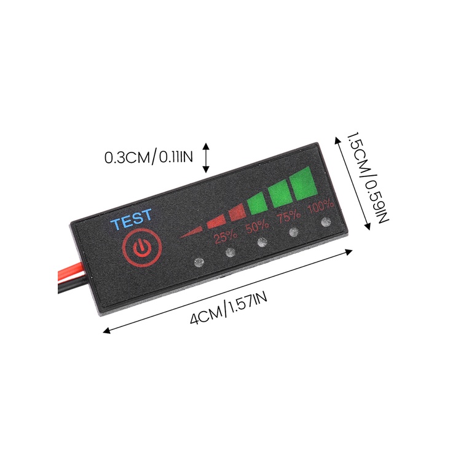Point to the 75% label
point(289,217)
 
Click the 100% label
point(320,207)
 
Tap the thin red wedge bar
point(191,232)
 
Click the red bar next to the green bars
point(237,213)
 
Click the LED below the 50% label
point(262,242)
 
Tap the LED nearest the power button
point(198,262)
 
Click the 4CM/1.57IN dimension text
point(229,309)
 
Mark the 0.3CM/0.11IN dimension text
point(149,157)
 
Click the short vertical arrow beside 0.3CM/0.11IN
point(206,157)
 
